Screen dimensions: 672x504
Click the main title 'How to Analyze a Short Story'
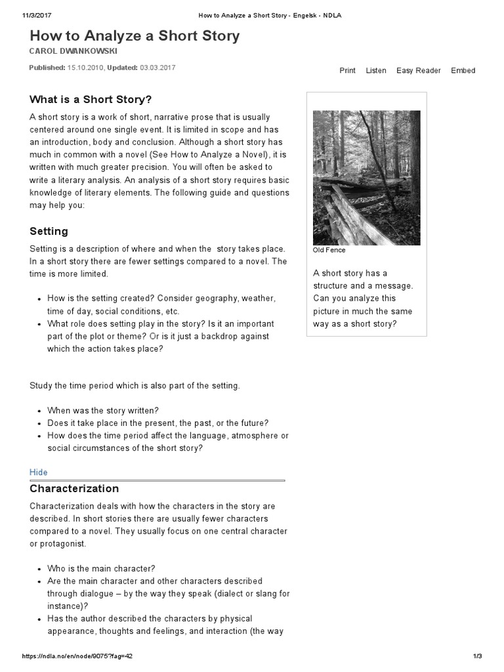[135, 36]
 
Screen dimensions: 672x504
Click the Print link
[347, 71]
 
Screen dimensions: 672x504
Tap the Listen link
[375, 71]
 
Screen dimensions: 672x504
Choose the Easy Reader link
[418, 71]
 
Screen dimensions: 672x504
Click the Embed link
[463, 71]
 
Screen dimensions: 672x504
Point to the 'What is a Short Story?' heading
[91, 99]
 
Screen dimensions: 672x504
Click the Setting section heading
[49, 231]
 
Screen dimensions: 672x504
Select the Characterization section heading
[74, 489]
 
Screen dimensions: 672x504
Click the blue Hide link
[39, 472]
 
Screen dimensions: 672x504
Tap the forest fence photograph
[366, 177]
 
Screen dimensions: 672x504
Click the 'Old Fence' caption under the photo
[329, 250]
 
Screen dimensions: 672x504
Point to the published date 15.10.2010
[85, 68]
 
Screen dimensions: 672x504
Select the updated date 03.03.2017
[157, 68]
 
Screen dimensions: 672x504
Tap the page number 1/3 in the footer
[477, 656]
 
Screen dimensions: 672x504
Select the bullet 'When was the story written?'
[103, 410]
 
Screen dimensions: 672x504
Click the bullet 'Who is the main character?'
[101, 568]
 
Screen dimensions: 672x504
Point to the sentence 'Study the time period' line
[135, 385]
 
